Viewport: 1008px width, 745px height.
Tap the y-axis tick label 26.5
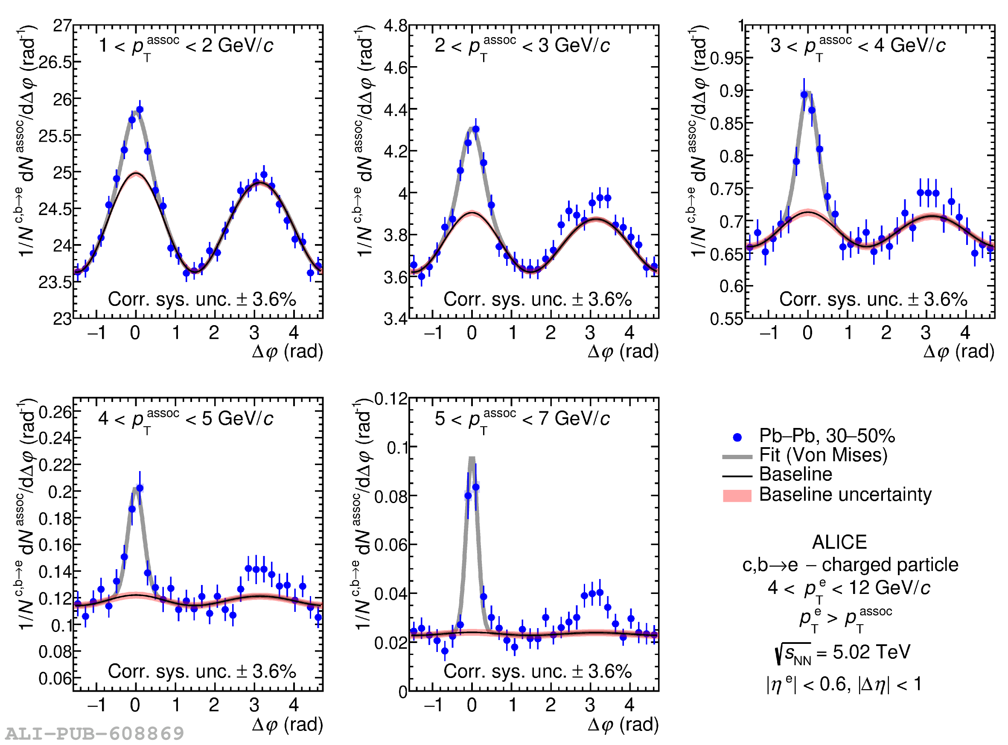pos(55,62)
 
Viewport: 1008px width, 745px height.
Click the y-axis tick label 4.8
pos(396,26)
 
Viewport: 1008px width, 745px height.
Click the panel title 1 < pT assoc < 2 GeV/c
pos(186,46)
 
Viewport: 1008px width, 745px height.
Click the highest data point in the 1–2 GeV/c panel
pos(140,110)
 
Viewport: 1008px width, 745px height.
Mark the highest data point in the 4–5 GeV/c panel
pos(140,489)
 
